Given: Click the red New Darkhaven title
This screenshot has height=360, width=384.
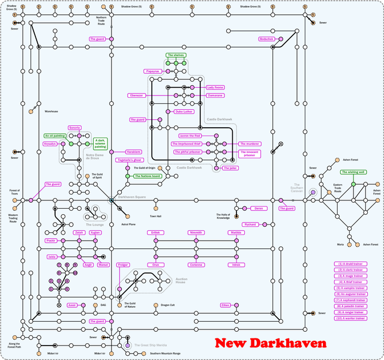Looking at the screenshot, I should click(271, 343).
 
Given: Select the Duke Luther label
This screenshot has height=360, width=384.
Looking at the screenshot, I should click(184, 111).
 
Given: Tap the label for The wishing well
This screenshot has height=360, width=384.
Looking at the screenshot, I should click(353, 172).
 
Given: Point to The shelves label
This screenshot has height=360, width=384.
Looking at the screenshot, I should click(176, 55).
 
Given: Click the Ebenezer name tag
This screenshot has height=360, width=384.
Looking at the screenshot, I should click(137, 95).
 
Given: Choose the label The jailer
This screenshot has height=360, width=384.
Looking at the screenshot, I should click(230, 168).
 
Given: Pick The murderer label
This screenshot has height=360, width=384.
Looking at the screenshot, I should click(250, 144).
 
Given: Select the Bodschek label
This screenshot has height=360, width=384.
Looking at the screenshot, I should click(266, 39).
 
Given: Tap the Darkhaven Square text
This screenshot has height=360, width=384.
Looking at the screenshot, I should click(132, 197).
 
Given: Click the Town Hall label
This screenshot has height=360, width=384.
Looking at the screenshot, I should click(155, 216).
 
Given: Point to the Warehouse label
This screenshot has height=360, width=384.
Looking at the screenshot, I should click(52, 111).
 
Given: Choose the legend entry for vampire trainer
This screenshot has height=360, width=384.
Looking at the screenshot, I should click(350, 288).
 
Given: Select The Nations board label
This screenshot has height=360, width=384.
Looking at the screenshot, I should click(147, 176).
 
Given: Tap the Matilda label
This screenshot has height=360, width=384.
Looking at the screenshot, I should click(236, 232).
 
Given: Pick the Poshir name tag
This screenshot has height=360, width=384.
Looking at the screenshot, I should click(51, 240).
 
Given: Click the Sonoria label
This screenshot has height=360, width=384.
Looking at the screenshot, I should click(74, 128).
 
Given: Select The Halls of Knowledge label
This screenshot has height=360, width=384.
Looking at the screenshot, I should click(223, 216).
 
